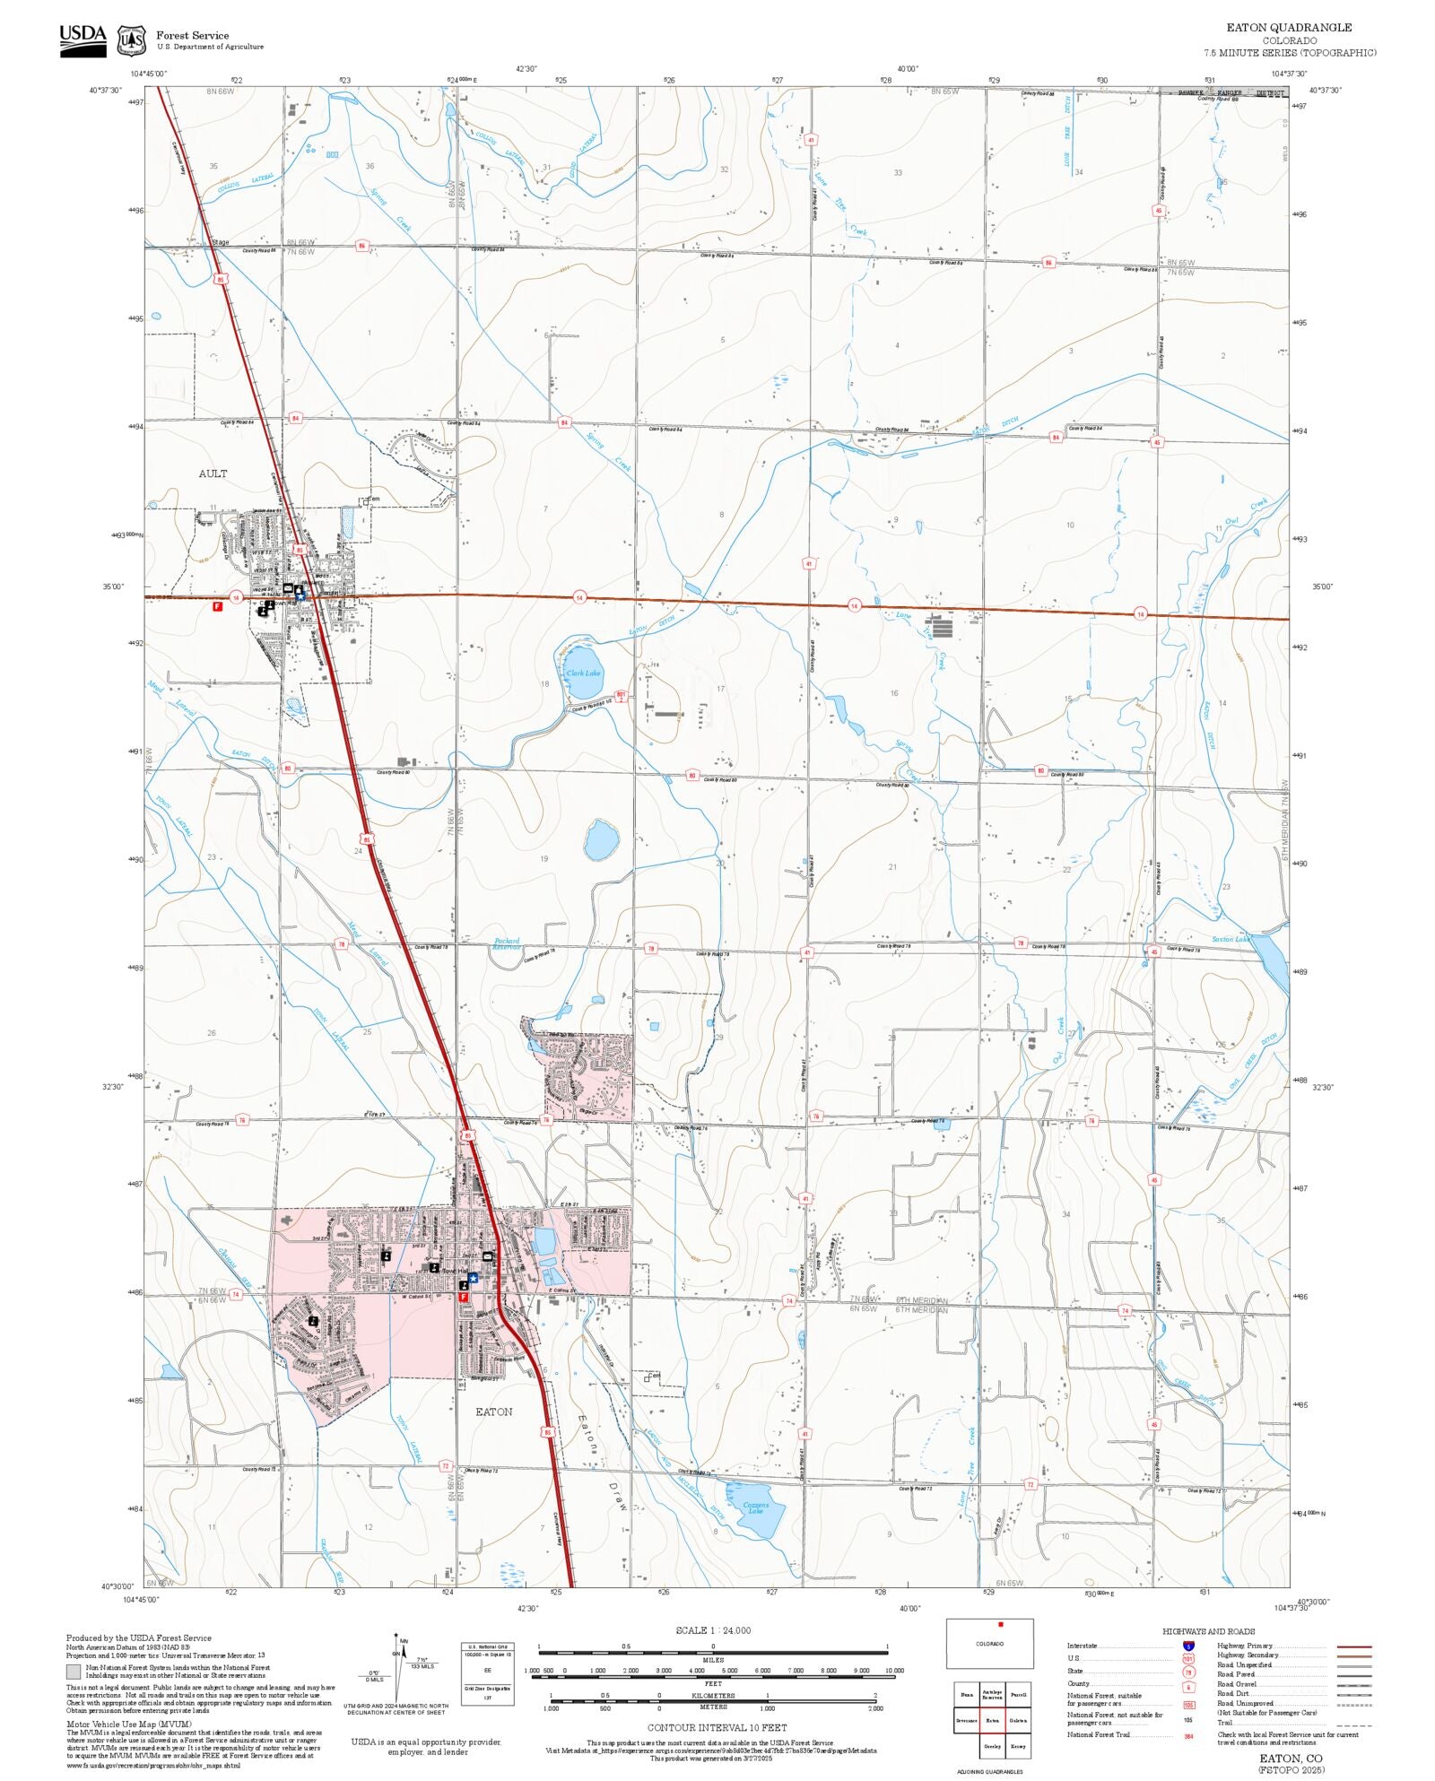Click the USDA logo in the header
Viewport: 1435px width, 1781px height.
tap(83, 39)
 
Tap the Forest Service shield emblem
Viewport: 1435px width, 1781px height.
tap(132, 40)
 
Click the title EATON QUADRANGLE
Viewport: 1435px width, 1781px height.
tap(1289, 28)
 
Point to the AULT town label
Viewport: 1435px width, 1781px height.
tap(213, 473)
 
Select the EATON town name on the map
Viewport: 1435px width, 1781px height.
tap(493, 1412)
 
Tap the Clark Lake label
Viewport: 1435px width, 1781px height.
tap(583, 673)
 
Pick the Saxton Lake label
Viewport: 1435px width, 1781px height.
tap(1231, 939)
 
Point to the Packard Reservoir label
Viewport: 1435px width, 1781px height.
tap(507, 943)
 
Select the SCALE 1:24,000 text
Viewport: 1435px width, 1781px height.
tap(713, 1630)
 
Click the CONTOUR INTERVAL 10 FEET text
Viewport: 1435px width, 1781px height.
tap(717, 1727)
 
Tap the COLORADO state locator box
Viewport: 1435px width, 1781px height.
tap(989, 1644)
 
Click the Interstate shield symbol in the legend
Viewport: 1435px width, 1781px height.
tap(1188, 1646)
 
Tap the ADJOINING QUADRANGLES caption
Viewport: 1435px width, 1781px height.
tap(989, 1772)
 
